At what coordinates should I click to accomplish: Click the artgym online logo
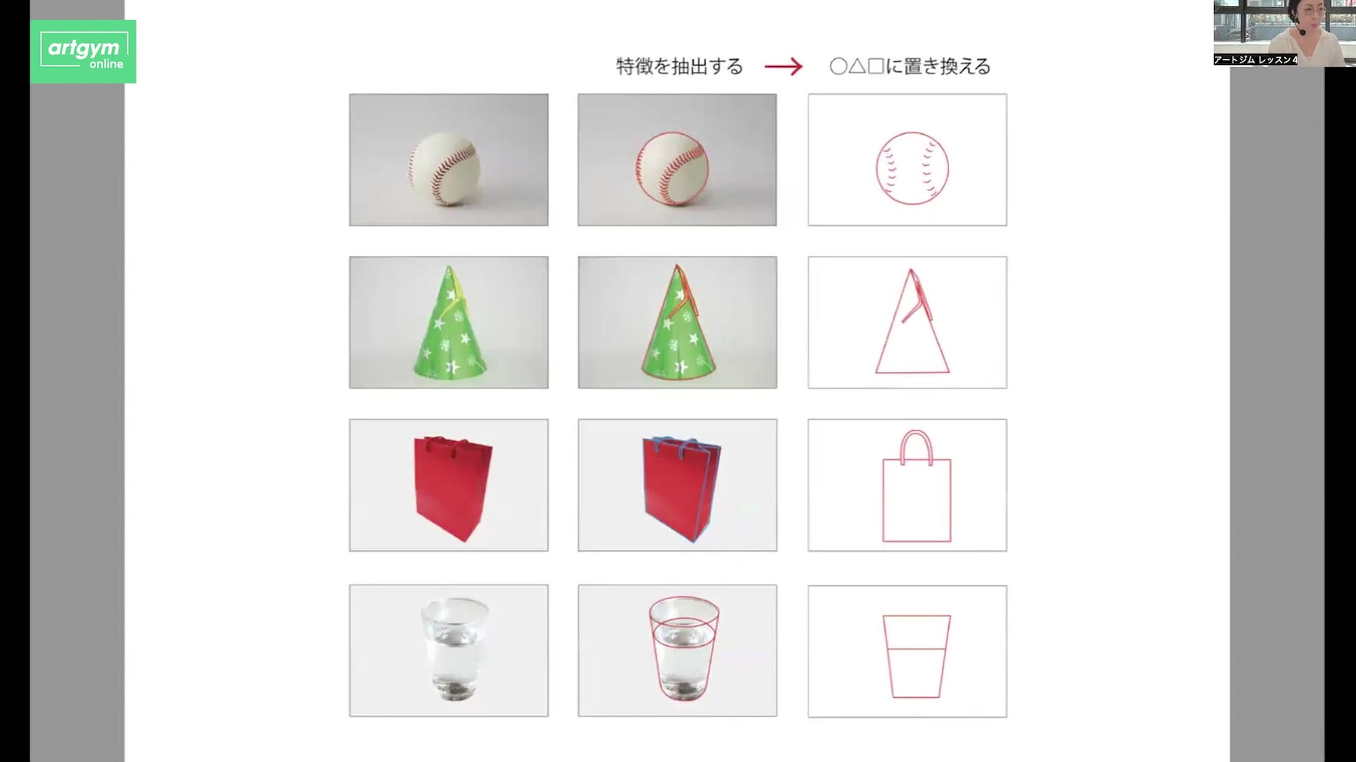pyautogui.click(x=83, y=51)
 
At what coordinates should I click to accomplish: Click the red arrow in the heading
pyautogui.click(x=784, y=67)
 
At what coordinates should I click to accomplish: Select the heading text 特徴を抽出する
pyautogui.click(x=679, y=67)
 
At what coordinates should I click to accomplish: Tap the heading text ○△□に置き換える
pyautogui.click(x=910, y=67)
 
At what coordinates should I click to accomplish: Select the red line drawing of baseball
pyautogui.click(x=912, y=168)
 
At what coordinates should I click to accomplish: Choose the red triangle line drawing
pyautogui.click(x=912, y=335)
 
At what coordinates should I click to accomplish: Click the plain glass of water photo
pyautogui.click(x=455, y=649)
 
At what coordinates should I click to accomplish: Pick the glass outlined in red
pyautogui.click(x=684, y=649)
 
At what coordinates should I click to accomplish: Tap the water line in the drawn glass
pyautogui.click(x=916, y=649)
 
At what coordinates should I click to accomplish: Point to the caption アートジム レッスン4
pyautogui.click(x=1255, y=60)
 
